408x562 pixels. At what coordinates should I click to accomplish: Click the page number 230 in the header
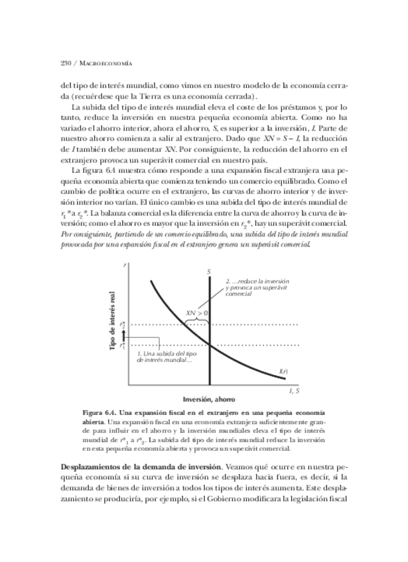(x=65, y=63)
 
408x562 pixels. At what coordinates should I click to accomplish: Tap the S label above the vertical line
(x=209, y=272)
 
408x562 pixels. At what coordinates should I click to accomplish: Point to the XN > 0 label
(x=197, y=312)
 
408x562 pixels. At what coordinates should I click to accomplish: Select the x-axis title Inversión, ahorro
(x=210, y=399)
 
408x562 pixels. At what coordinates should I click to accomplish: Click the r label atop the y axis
(x=125, y=265)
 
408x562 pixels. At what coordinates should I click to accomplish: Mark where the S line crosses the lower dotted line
(x=210, y=345)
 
